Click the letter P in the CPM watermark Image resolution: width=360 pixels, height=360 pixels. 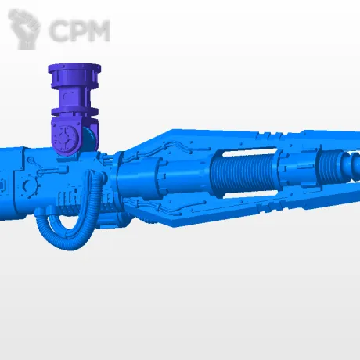click(77, 31)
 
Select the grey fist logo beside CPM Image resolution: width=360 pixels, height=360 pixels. click(24, 29)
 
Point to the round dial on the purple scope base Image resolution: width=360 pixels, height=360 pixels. click(64, 137)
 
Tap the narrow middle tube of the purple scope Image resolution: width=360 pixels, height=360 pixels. click(74, 97)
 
